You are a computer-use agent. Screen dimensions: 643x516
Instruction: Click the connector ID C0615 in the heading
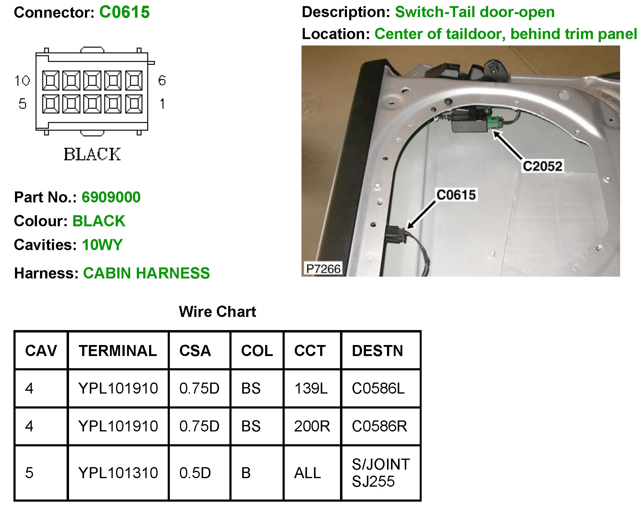[x=124, y=13]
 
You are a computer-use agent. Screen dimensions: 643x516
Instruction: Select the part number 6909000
[x=111, y=197]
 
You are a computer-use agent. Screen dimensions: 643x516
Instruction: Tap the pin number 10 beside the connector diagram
[x=22, y=81]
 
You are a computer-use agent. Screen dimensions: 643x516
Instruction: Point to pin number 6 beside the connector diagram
[x=162, y=81]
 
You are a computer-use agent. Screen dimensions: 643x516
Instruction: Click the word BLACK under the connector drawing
[x=92, y=154]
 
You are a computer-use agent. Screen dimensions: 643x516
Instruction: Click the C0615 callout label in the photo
[x=456, y=195]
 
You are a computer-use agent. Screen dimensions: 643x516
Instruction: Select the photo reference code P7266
[x=323, y=269]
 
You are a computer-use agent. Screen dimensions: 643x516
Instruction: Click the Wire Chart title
[x=217, y=312]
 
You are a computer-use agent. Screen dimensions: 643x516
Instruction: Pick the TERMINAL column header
[x=118, y=351]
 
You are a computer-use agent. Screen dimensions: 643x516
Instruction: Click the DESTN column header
[x=378, y=351]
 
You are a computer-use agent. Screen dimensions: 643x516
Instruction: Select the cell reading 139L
[x=311, y=388]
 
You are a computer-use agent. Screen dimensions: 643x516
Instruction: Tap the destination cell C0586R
[x=379, y=426]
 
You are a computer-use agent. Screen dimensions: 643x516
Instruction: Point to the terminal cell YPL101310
[x=118, y=473]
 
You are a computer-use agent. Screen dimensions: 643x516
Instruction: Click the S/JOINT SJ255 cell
[x=381, y=473]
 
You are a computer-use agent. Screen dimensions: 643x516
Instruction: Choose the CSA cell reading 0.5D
[x=195, y=473]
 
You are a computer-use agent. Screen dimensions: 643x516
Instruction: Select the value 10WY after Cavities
[x=102, y=245]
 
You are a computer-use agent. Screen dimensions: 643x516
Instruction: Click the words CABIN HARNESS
[x=146, y=273]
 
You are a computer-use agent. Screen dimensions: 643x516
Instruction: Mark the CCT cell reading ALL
[x=307, y=473]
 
